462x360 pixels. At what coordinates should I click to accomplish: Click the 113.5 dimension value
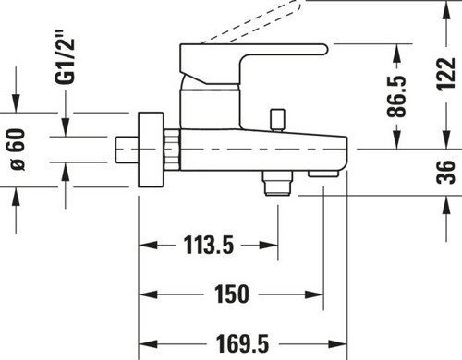209,245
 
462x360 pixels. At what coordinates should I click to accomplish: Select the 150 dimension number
232,294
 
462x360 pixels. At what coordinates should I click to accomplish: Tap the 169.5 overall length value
242,343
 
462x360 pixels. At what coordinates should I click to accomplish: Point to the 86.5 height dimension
396,96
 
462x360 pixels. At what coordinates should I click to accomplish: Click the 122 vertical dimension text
446,74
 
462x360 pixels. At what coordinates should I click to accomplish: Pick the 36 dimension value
446,172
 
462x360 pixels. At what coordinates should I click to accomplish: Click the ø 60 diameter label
18,150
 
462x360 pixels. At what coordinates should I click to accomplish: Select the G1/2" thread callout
65,57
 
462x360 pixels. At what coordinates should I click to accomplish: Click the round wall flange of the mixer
151,150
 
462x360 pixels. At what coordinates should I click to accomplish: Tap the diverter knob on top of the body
277,120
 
